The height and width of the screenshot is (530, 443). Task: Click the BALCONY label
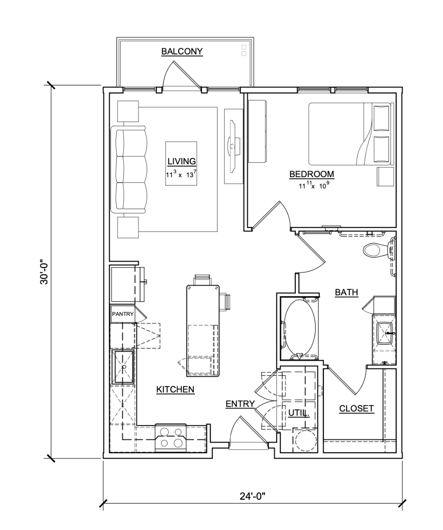[x=182, y=51]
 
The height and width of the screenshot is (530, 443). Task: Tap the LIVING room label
[x=182, y=161]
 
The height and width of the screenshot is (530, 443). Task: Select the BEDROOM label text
[x=311, y=174]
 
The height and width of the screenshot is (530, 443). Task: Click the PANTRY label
[x=122, y=314]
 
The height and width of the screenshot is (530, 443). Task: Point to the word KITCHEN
[x=175, y=389]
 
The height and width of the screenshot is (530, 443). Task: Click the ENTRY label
[x=240, y=404]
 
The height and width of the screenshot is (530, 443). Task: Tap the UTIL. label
[x=299, y=413]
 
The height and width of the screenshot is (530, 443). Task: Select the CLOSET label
[x=356, y=409]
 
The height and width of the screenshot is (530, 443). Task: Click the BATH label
[x=347, y=292]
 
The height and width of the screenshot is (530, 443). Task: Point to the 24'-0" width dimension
[x=252, y=496]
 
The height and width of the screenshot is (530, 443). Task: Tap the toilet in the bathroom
[x=379, y=250]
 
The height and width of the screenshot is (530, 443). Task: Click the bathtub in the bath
[x=299, y=329]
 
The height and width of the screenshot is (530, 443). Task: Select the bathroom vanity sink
[x=385, y=333]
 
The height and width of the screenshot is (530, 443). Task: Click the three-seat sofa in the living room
[x=129, y=169]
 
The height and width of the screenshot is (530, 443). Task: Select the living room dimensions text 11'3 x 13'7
[x=181, y=175]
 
